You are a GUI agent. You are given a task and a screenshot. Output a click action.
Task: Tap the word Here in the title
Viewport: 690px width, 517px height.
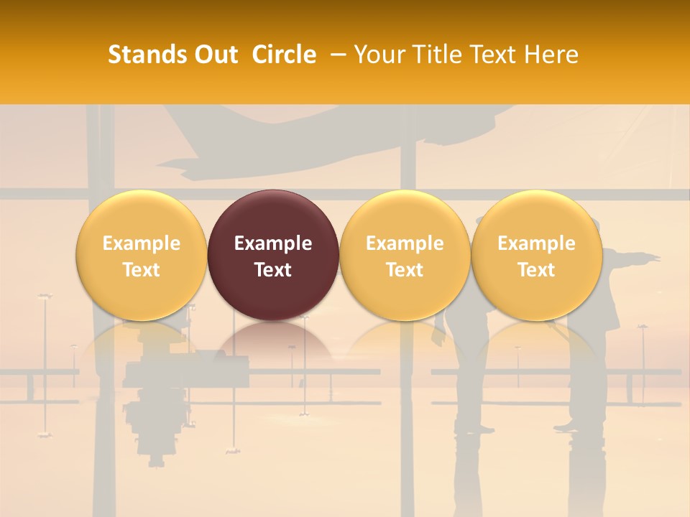[553, 55]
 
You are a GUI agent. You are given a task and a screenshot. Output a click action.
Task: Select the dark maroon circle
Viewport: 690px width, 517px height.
[273, 255]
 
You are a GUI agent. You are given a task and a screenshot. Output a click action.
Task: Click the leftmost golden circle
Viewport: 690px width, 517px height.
[142, 255]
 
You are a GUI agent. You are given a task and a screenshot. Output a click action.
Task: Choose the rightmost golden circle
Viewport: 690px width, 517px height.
[536, 255]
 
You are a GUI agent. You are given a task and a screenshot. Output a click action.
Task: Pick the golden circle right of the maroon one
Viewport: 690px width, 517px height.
[405, 255]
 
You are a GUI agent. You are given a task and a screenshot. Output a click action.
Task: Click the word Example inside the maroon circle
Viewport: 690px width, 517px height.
[273, 243]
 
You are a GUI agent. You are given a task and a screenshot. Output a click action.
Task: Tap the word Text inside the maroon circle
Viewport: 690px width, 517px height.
[273, 270]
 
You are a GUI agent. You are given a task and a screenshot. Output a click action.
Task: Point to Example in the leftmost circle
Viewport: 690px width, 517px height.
[142, 243]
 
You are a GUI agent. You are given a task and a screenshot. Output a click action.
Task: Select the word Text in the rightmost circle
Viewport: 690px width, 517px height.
[536, 270]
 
